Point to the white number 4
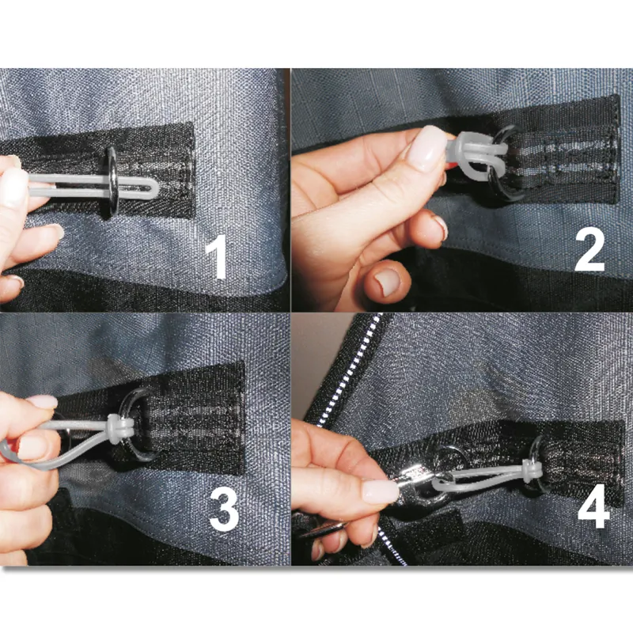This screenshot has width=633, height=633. [593, 506]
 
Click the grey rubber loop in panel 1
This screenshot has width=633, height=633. [95, 184]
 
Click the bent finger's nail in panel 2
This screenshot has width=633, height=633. [386, 282]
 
